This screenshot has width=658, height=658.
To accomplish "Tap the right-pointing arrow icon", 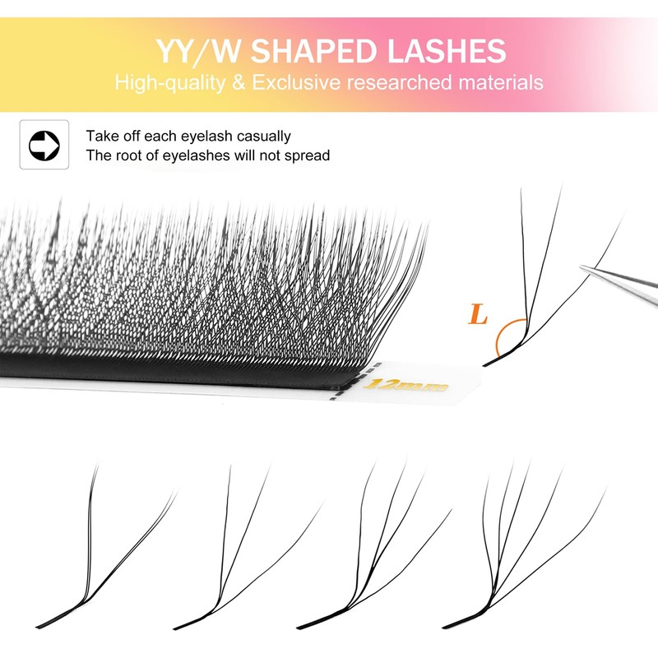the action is tap(44, 145).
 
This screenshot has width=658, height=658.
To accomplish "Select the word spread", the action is tap(307, 155).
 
